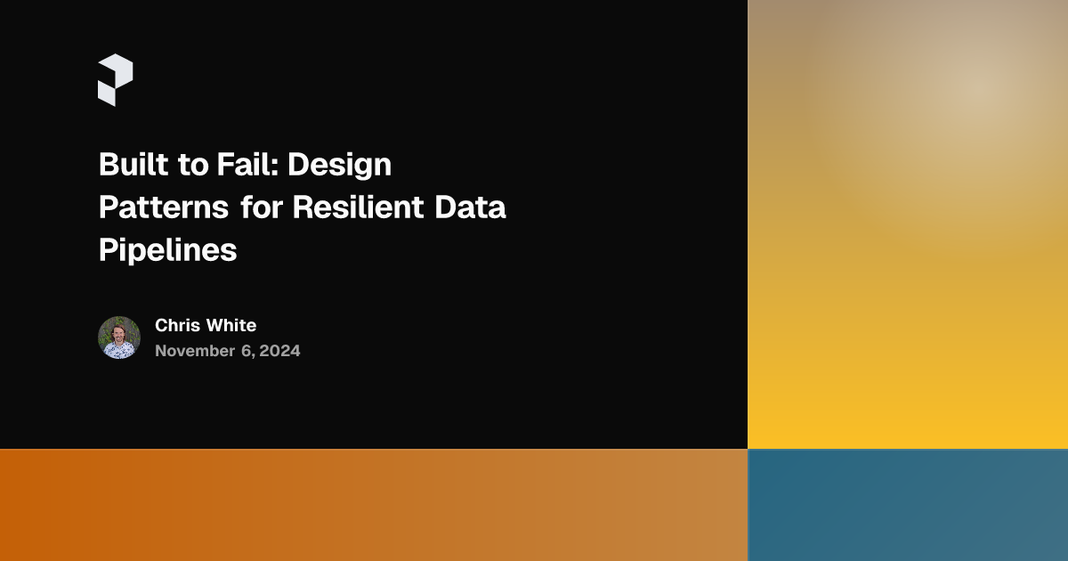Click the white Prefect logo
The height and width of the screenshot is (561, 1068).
(x=115, y=80)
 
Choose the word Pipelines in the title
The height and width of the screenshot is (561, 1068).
(x=167, y=251)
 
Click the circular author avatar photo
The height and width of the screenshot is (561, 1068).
(x=119, y=337)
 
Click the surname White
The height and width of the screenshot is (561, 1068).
(x=231, y=325)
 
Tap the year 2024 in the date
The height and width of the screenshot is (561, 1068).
(x=279, y=351)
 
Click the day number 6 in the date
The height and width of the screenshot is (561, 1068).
(x=246, y=351)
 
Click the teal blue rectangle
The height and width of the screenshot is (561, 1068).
(x=908, y=505)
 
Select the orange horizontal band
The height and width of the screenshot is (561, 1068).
(x=374, y=505)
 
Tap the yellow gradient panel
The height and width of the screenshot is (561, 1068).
(x=908, y=267)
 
